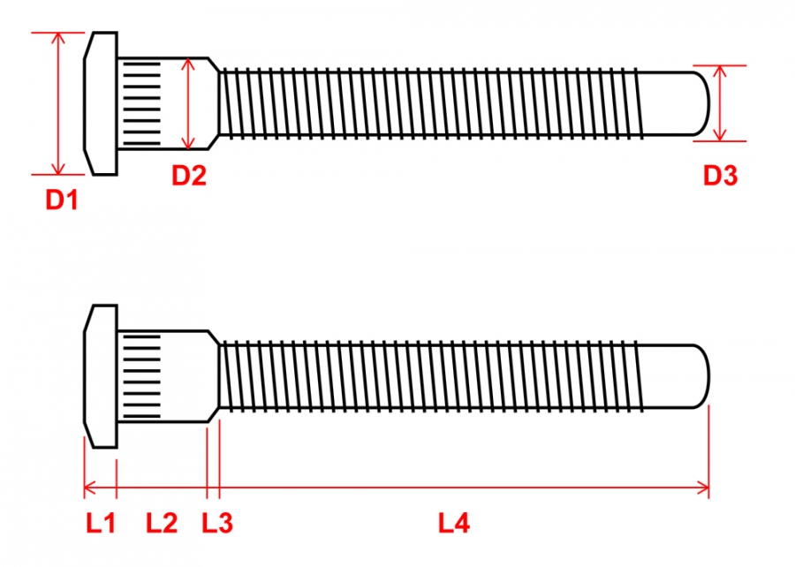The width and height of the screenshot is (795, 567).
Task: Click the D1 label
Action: click(x=63, y=200)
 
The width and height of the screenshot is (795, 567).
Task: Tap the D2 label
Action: click(x=189, y=176)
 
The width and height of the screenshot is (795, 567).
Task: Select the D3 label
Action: click(x=720, y=176)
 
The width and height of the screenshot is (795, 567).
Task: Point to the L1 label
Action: click(x=101, y=524)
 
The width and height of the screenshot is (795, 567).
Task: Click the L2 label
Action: click(x=162, y=524)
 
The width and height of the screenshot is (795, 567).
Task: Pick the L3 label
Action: click(x=217, y=524)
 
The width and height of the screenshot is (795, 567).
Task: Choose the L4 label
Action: click(x=454, y=524)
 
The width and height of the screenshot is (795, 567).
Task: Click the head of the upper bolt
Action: click(x=101, y=103)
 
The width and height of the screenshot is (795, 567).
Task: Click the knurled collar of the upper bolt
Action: click(x=141, y=103)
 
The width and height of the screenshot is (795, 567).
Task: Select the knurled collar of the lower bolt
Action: click(x=141, y=375)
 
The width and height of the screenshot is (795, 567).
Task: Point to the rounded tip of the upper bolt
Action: click(x=698, y=103)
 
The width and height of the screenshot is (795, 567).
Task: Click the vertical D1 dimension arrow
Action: click(x=59, y=103)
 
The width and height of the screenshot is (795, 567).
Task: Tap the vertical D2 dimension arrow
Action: click(x=188, y=103)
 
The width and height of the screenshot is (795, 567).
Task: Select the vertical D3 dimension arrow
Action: click(x=721, y=103)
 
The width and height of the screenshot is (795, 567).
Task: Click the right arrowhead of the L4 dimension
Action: click(x=704, y=486)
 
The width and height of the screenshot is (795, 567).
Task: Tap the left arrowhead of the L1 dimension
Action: click(x=88, y=486)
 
